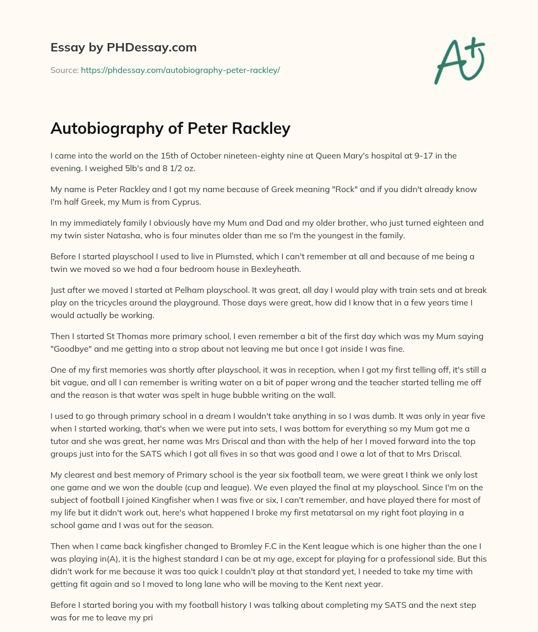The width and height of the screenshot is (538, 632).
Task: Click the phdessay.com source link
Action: (180, 70)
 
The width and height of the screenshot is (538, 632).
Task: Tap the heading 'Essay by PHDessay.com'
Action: (123, 47)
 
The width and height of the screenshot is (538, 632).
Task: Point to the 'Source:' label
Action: (64, 70)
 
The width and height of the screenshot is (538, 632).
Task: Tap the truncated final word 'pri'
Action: (147, 618)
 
